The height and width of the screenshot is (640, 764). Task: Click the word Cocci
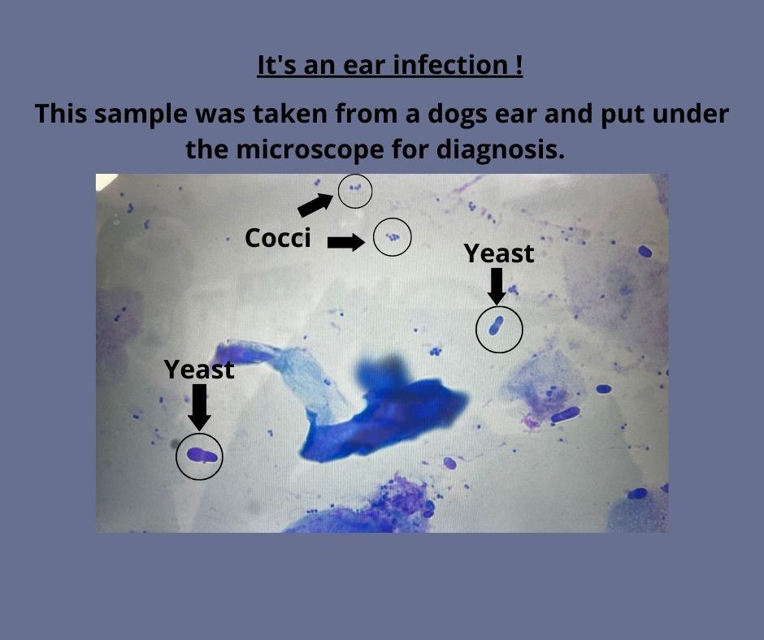(277, 238)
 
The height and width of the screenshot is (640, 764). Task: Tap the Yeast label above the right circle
(499, 253)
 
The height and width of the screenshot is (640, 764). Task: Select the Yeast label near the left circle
(199, 370)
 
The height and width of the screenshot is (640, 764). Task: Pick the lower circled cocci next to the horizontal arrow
(393, 237)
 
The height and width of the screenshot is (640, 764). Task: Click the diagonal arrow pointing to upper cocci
(315, 205)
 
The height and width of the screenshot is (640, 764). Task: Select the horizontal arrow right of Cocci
(346, 243)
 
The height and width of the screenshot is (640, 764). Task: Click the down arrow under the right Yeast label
(497, 287)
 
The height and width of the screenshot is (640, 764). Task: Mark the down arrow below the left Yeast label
(199, 408)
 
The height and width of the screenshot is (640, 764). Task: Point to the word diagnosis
(501, 150)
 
